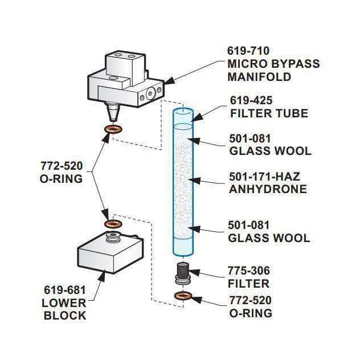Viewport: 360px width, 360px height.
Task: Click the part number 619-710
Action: [248, 51]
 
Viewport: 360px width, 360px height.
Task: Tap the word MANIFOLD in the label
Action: [259, 77]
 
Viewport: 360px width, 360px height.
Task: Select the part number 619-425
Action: [251, 101]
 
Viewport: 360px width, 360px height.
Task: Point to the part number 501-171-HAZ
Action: [265, 177]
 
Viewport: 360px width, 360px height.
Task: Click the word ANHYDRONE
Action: [268, 189]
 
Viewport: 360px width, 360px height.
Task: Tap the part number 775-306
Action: [249, 271]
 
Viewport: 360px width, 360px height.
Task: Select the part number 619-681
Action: [65, 290]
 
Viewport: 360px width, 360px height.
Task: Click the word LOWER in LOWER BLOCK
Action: [64, 303]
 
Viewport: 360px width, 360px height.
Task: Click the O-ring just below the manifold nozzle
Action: [113, 129]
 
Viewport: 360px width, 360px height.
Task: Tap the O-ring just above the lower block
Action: [113, 224]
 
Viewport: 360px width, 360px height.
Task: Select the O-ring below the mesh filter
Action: [183, 296]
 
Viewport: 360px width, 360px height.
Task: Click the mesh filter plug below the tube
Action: [183, 274]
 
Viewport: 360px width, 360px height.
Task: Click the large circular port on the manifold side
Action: [150, 93]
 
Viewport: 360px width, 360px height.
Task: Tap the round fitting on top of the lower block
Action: [113, 236]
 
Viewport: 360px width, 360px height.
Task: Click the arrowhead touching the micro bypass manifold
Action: [169, 81]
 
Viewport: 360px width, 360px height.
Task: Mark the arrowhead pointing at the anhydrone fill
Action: [194, 180]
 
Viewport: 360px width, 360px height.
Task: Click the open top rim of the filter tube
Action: [183, 111]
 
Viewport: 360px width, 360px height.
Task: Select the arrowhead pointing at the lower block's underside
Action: [102, 276]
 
